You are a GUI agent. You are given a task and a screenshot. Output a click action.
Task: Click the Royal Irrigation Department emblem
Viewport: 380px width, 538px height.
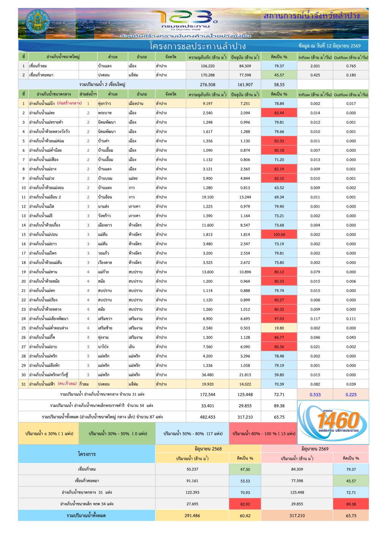[x=38, y=21]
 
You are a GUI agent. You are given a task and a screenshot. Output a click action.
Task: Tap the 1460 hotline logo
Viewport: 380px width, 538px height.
[x=333, y=422]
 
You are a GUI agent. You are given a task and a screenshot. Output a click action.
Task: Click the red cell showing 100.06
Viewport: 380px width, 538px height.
[x=279, y=235]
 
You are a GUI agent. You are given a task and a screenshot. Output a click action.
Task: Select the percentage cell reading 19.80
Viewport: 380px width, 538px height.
[x=279, y=328]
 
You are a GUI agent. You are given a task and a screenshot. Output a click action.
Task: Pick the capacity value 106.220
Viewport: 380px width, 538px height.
[x=207, y=66]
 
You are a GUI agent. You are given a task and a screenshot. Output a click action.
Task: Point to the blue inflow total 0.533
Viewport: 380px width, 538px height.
[x=315, y=394]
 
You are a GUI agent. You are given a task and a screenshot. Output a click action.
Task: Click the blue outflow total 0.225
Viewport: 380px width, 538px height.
[x=351, y=394]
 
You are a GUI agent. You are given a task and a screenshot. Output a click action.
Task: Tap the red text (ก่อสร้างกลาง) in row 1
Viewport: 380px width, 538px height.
[x=70, y=103]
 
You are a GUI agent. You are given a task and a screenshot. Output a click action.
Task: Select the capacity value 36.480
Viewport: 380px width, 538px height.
[x=207, y=375]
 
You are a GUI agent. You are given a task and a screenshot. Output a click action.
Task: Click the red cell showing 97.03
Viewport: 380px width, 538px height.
[x=279, y=319]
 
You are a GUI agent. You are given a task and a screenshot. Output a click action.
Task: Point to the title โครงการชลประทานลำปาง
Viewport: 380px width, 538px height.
[x=198, y=46]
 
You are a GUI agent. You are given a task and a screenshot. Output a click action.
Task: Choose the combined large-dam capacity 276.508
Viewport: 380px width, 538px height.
[x=207, y=84]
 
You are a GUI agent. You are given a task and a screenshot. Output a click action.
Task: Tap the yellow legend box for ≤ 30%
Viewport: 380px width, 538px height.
[x=49, y=433]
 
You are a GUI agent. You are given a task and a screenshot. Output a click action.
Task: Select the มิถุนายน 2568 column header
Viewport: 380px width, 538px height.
[x=208, y=449]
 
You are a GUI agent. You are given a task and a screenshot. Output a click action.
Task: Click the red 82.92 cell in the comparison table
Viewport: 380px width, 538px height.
[x=245, y=504]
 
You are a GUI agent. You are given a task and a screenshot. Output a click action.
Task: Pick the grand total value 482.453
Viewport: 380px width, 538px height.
[x=207, y=417]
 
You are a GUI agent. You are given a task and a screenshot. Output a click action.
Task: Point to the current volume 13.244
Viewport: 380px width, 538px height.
[x=245, y=197]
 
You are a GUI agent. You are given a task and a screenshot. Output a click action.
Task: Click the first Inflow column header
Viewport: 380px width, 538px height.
[x=315, y=57]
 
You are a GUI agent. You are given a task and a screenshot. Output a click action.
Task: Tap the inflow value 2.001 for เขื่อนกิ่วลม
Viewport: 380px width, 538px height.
[x=315, y=66]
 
